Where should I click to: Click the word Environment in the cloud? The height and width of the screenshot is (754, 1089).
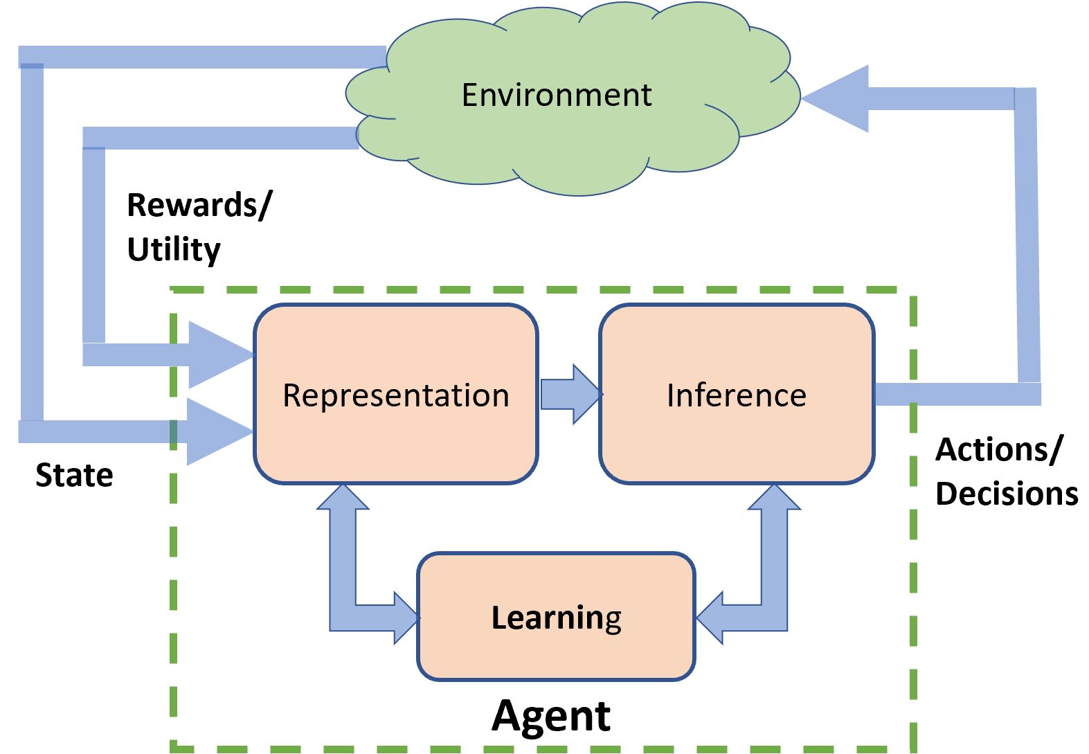[556, 95]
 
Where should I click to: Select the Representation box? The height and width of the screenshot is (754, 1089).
[395, 395]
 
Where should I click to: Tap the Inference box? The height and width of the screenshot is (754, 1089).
[736, 395]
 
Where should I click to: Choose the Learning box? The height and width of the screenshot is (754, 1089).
[556, 617]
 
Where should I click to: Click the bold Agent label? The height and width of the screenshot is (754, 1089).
[551, 715]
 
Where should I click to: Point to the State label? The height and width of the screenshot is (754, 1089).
[74, 476]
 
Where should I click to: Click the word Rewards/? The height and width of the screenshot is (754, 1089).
[199, 206]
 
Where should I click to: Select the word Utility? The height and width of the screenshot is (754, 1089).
[174, 249]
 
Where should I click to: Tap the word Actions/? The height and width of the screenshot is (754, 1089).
[998, 450]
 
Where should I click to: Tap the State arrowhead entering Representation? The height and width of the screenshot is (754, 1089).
[218, 431]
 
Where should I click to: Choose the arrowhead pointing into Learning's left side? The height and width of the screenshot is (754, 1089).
[404, 617]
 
